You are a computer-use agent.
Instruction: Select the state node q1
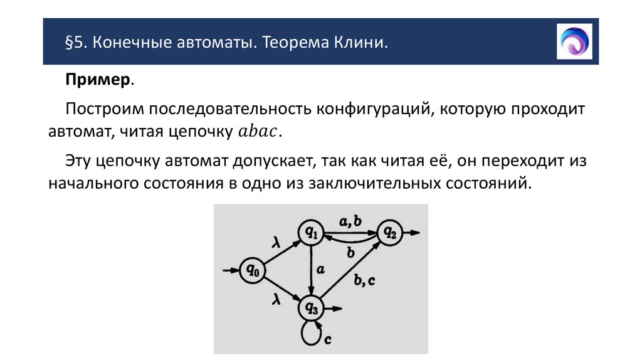(311, 233)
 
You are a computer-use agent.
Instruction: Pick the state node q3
(312, 307)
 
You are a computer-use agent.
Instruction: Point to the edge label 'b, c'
(364, 280)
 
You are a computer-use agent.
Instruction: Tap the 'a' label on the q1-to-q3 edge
(320, 270)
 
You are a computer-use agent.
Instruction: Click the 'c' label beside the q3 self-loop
(327, 339)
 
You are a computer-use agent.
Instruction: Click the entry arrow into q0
(231, 271)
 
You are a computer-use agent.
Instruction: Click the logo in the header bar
(574, 41)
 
